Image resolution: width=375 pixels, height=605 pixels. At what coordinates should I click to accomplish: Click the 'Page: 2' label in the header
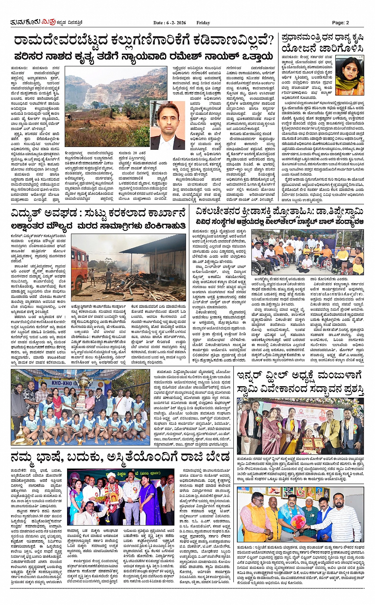point(340,23)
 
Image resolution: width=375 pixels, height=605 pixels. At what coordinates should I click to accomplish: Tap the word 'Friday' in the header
point(203,23)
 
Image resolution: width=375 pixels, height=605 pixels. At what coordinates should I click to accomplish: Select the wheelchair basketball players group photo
point(308,252)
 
